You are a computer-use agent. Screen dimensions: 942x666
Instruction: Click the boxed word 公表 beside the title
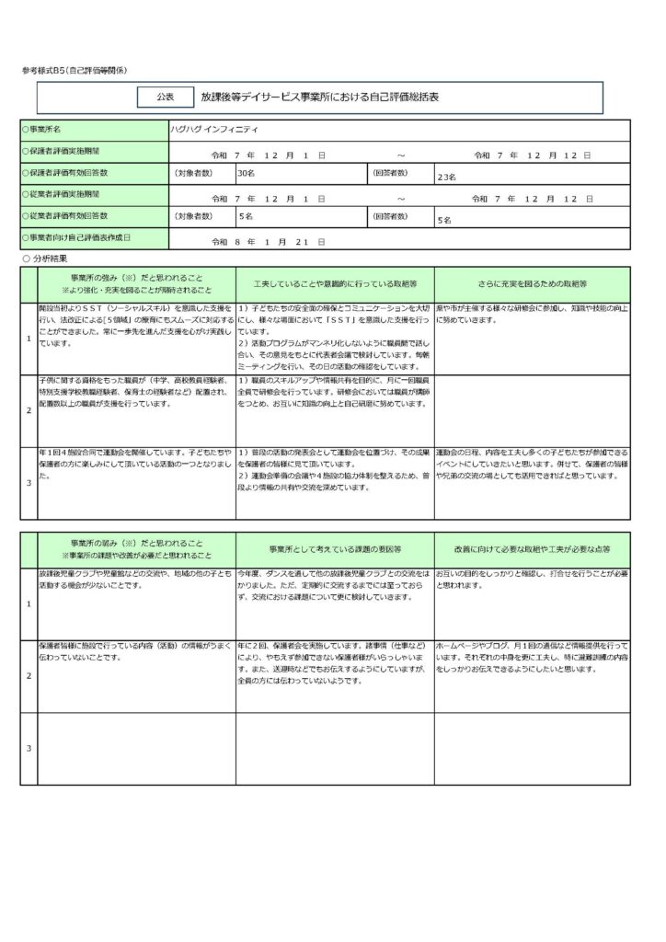(165, 96)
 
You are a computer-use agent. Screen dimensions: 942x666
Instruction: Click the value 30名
(246, 173)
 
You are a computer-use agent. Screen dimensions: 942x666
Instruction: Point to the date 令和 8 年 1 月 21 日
(268, 239)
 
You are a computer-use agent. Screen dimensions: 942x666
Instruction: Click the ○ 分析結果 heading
(46, 259)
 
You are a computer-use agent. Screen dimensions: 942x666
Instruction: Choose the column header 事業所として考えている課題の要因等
(335, 549)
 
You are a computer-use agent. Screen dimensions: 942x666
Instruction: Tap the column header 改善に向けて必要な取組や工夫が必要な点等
(533, 549)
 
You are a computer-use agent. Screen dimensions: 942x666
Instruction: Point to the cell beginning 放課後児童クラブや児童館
(134, 579)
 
